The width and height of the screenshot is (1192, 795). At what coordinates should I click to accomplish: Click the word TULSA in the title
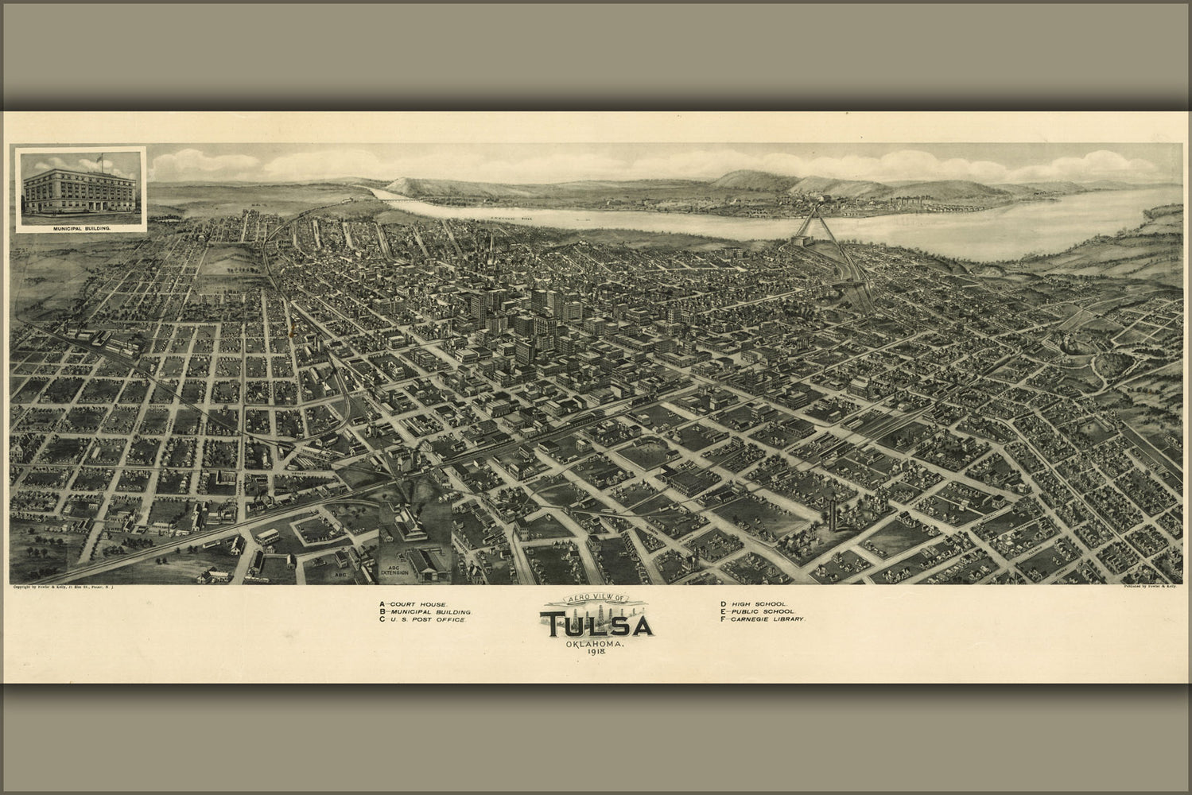tap(596, 625)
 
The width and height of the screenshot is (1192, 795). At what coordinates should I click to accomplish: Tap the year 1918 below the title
tap(596, 652)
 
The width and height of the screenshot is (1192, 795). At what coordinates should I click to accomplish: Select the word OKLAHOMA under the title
tap(596, 642)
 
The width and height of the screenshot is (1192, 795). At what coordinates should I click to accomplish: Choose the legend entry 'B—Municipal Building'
tap(426, 611)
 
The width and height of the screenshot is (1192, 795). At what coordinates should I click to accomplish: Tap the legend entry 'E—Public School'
tap(757, 611)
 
